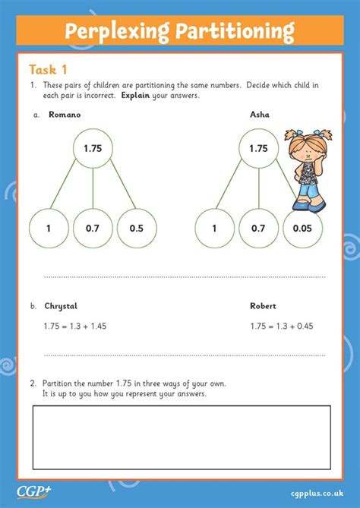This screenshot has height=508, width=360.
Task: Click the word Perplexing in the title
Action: pos(115,31)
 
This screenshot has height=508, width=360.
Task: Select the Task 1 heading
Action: pos(49,68)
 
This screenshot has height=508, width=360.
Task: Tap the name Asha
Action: pos(260,115)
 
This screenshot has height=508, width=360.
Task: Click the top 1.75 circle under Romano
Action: pos(93,149)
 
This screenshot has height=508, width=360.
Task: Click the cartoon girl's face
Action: pos(305,147)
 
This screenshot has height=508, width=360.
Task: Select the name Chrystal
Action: pos(61,306)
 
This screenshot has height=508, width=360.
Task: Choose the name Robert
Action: pos(263,306)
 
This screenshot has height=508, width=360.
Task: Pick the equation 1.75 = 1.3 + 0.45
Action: pos(282,326)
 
